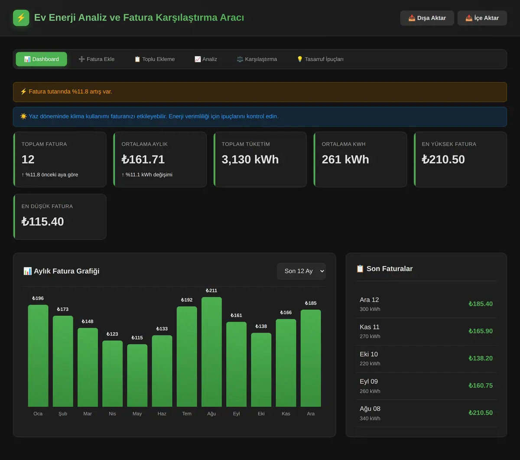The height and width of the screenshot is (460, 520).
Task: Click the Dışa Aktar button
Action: tap(427, 18)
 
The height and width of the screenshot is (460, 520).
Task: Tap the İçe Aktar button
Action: tap(482, 18)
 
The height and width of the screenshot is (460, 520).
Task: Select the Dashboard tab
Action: tap(41, 59)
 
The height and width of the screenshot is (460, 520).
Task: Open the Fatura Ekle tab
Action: tap(97, 59)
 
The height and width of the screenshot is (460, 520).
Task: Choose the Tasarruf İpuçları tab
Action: tap(320, 59)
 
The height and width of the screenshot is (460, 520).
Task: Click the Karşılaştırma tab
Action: tap(257, 59)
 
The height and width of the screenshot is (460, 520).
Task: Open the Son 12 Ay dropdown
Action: tap(301, 271)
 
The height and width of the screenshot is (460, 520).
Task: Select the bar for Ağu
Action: tap(211, 352)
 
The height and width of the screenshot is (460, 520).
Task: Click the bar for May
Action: tap(137, 375)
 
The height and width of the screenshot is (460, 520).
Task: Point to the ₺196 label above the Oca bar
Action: tap(38, 298)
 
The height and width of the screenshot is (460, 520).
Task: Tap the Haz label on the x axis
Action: tap(162, 414)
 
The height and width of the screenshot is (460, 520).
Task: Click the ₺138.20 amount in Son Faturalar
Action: tap(481, 358)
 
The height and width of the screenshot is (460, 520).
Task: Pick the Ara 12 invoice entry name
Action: tap(369, 300)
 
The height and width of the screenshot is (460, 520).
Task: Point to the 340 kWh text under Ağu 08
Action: tap(370, 418)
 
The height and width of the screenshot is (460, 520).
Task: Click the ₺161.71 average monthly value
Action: tap(143, 159)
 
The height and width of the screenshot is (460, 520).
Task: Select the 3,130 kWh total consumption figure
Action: tap(250, 159)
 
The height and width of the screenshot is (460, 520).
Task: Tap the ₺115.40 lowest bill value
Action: tap(42, 222)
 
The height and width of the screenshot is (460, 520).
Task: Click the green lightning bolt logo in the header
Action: tap(21, 18)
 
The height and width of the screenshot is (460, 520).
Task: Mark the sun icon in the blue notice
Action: tap(23, 116)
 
